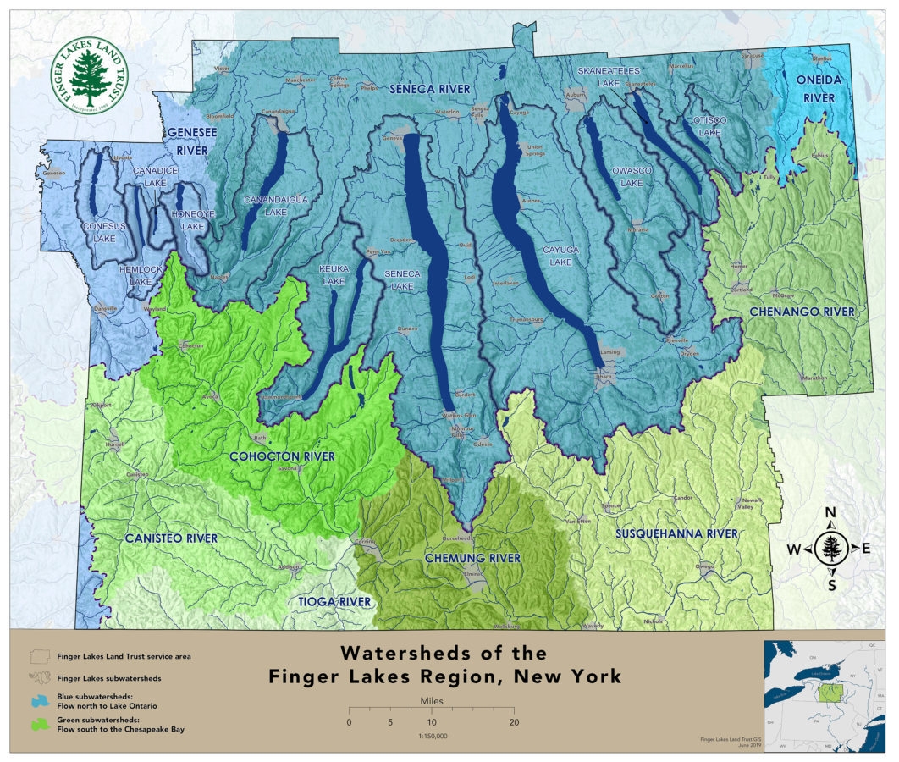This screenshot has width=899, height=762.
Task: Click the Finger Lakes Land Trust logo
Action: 88,75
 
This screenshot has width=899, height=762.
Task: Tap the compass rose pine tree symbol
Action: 830,548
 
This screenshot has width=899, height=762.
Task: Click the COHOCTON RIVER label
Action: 283,456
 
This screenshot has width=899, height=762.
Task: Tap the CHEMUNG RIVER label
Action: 472,558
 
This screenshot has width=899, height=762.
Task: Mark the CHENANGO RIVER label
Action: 802,312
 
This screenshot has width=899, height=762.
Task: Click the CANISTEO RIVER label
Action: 171,538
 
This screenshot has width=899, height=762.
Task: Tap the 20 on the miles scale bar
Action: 513,722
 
